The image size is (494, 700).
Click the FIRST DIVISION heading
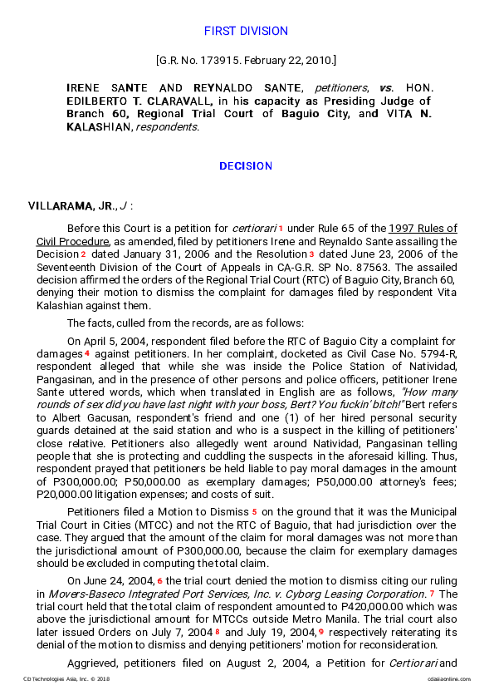246,31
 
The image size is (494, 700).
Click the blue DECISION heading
246,166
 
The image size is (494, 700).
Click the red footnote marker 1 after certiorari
281,229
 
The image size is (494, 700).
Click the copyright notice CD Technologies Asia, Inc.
66,679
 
